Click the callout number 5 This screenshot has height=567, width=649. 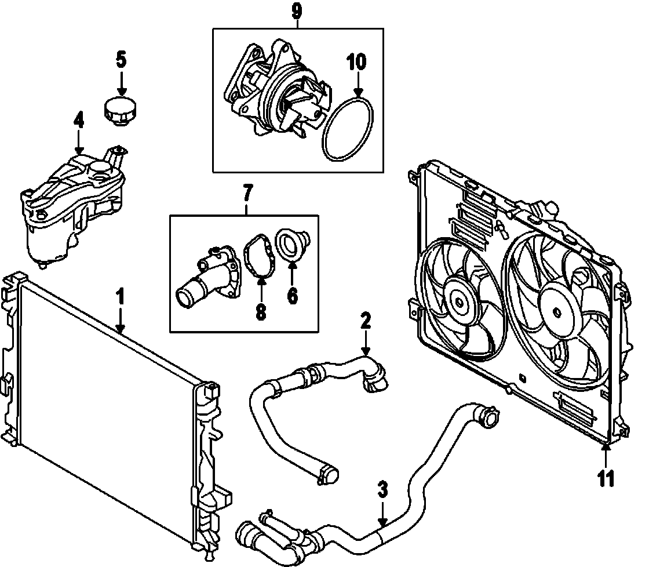point(121,59)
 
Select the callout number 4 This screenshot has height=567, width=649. point(79,121)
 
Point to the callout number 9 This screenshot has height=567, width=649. point(297,10)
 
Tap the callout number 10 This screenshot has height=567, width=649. point(356,62)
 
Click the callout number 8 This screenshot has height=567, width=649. point(260,312)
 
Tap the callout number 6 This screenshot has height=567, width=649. point(292,296)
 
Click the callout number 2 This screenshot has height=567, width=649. point(365,321)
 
